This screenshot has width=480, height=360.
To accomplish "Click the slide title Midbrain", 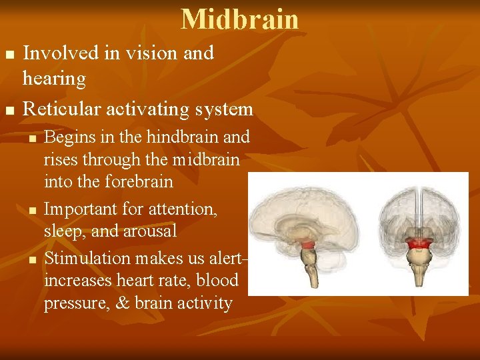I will coord(240,19).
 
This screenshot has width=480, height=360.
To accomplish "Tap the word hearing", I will coord(54,79).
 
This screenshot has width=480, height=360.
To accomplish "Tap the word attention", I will coord(183,209).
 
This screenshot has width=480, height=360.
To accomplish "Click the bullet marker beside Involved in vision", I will coord(8,53).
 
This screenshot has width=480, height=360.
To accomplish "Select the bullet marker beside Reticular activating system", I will coord(8,109).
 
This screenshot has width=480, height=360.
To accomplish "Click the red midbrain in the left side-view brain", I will coord(308,245).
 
